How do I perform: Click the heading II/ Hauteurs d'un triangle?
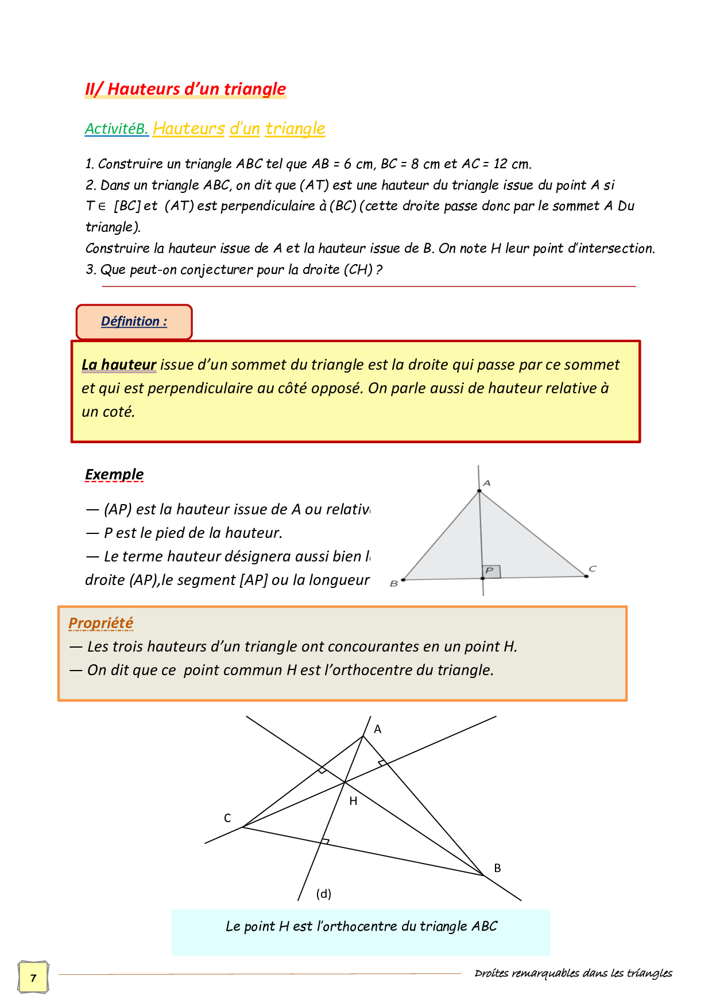coord(185,90)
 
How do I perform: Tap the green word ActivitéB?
coord(117,129)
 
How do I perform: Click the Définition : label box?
coord(134,322)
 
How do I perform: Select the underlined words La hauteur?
coord(119,365)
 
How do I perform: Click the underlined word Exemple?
coord(114,475)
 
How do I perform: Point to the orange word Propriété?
coord(101,623)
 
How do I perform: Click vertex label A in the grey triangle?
coord(487,483)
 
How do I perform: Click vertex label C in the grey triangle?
coord(593,569)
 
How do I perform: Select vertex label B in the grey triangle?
coord(394,584)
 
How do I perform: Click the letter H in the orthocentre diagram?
coord(353,801)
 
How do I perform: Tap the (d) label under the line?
coord(324,894)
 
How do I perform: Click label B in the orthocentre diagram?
coord(497,868)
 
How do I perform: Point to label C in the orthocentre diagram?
coord(227,818)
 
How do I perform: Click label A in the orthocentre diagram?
coord(377,729)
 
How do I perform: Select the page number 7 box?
coord(33,978)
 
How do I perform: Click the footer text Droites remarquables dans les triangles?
coord(573,973)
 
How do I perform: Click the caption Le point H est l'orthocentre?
coord(361,926)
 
